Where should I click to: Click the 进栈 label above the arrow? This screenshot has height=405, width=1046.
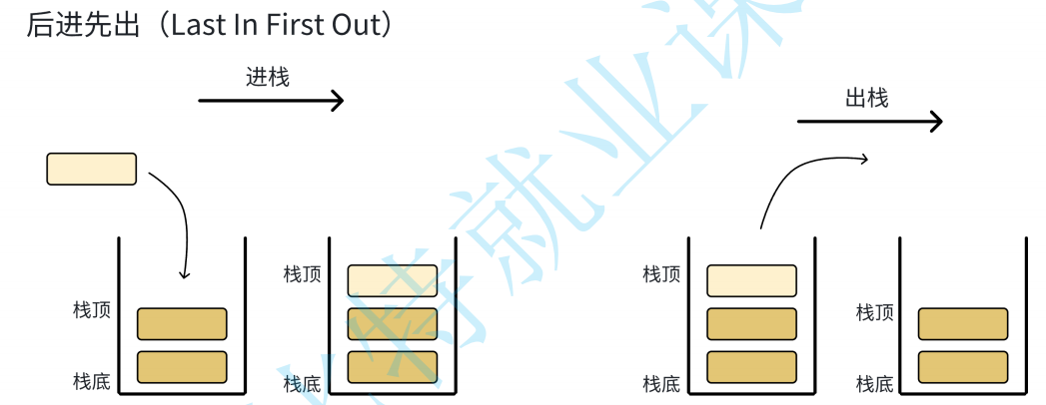tap(268, 77)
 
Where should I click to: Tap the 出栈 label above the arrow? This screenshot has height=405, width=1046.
tap(866, 98)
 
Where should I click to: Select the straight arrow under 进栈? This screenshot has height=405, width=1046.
tap(271, 101)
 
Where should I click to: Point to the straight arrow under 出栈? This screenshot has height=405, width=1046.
tap(869, 122)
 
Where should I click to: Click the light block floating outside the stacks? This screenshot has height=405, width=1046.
tap(91, 169)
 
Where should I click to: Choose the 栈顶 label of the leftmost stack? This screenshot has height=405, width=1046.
tap(92, 310)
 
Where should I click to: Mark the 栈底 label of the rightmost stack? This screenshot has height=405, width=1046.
tap(875, 383)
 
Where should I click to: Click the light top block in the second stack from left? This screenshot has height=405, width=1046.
tap(393, 280)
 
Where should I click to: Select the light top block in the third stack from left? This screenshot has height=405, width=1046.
tap(751, 280)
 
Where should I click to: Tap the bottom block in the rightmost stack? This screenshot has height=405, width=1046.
tap(963, 367)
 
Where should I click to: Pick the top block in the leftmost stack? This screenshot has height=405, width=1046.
tap(182, 324)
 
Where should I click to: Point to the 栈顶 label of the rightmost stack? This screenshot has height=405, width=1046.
tap(875, 313)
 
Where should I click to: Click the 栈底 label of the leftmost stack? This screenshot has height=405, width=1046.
tap(92, 381)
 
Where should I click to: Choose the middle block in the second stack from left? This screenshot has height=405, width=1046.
tap(393, 324)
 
